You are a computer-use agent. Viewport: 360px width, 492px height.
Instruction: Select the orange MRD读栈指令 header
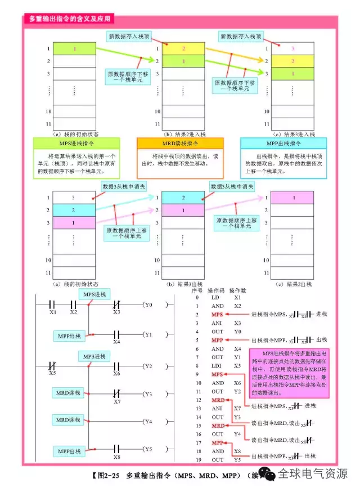pos(180,144)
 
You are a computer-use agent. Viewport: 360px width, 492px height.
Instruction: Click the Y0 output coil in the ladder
pos(147,305)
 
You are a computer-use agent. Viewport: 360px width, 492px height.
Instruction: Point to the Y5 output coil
pos(147,449)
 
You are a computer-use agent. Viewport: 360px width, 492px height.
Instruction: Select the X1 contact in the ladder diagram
pos(53,305)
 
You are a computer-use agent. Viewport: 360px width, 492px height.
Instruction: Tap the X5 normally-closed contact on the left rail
pos(53,366)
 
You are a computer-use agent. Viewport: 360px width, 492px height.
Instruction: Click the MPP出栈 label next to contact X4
pos(69,336)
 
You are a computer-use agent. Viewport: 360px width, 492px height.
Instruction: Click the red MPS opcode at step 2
pos(217,314)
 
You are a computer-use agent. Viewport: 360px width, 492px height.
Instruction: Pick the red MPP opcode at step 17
pos(217,442)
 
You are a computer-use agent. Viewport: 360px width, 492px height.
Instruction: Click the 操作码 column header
pos(216,291)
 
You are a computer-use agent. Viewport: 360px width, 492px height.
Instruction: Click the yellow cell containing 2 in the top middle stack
pos(183,48)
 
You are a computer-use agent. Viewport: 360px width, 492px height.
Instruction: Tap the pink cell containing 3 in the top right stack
pos(292,48)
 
